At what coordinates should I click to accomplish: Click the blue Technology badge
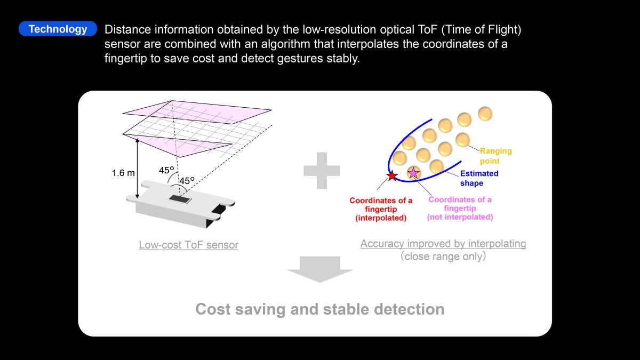(x=58, y=29)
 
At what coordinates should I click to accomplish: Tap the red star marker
(x=392, y=175)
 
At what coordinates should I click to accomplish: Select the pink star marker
(x=413, y=173)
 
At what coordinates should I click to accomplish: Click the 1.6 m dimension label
(x=123, y=173)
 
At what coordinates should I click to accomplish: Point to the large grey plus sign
(x=322, y=171)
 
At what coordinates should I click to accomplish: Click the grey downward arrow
(x=320, y=269)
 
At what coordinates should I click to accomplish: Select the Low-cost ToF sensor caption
(x=189, y=245)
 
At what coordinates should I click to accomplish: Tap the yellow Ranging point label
(x=495, y=156)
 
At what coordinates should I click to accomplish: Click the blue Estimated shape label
(x=479, y=178)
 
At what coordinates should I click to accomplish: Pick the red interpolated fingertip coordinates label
(x=381, y=209)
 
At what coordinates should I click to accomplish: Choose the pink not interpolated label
(x=460, y=209)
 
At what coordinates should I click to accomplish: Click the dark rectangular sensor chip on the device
(x=180, y=199)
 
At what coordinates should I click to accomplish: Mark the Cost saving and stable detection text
(x=319, y=309)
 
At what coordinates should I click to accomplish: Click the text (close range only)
(x=443, y=257)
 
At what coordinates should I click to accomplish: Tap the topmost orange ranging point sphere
(x=485, y=114)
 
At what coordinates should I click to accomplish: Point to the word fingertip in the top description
(x=126, y=59)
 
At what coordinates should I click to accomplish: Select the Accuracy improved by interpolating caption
(x=443, y=244)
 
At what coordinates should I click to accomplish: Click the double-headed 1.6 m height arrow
(x=137, y=169)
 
